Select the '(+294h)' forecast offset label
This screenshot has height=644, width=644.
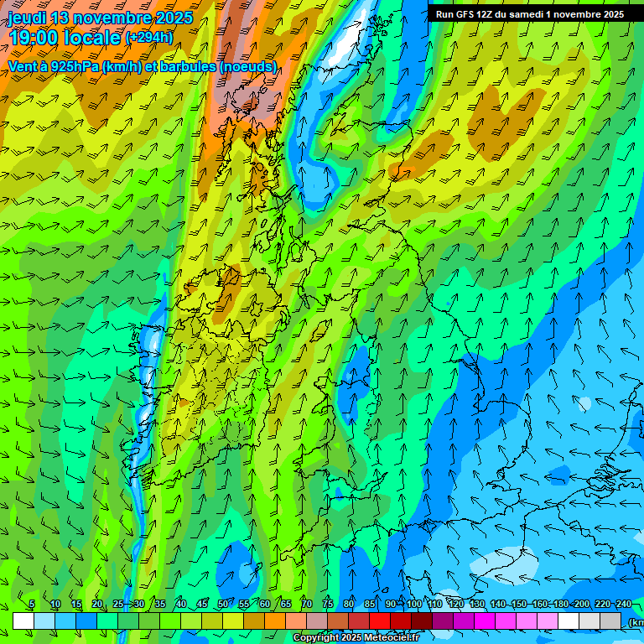pyautogui.click(x=149, y=37)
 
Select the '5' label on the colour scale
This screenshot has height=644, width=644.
pyautogui.click(x=32, y=605)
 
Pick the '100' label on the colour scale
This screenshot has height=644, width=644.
pyautogui.click(x=414, y=605)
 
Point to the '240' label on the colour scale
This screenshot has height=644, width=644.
pyautogui.click(x=623, y=605)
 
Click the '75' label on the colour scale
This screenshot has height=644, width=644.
pyautogui.click(x=328, y=605)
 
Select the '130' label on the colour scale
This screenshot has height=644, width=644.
pyautogui.click(x=477, y=605)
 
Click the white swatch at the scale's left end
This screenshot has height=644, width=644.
pyautogui.click(x=23, y=621)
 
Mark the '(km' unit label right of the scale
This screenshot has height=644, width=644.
pyautogui.click(x=636, y=621)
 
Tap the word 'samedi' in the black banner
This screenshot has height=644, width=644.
pyautogui.click(x=527, y=14)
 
